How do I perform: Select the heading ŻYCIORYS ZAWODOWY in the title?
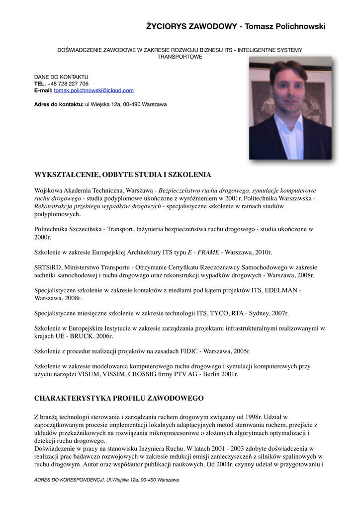click(x=191, y=26)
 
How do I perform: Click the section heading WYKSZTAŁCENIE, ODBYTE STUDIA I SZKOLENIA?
click(x=122, y=174)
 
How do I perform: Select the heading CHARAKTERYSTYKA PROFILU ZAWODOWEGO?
click(x=119, y=398)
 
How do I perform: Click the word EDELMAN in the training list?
click(x=283, y=290)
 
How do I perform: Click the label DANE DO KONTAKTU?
click(x=61, y=77)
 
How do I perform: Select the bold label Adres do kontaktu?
click(x=59, y=104)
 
